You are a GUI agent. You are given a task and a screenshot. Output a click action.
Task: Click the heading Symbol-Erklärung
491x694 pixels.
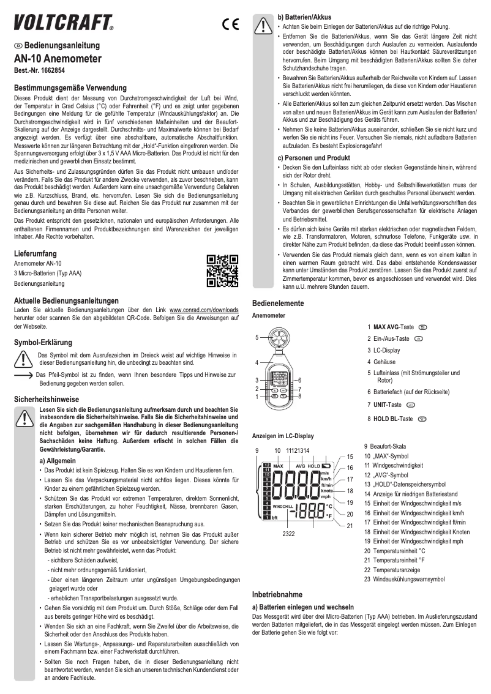[43, 341]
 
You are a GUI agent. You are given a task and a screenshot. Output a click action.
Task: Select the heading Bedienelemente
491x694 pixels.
[278, 304]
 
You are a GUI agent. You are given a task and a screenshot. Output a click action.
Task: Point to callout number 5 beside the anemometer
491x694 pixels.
[257, 336]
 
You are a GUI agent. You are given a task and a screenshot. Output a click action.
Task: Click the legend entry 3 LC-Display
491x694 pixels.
[383, 351]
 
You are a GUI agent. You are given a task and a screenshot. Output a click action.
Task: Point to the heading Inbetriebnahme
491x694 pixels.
[277, 594]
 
